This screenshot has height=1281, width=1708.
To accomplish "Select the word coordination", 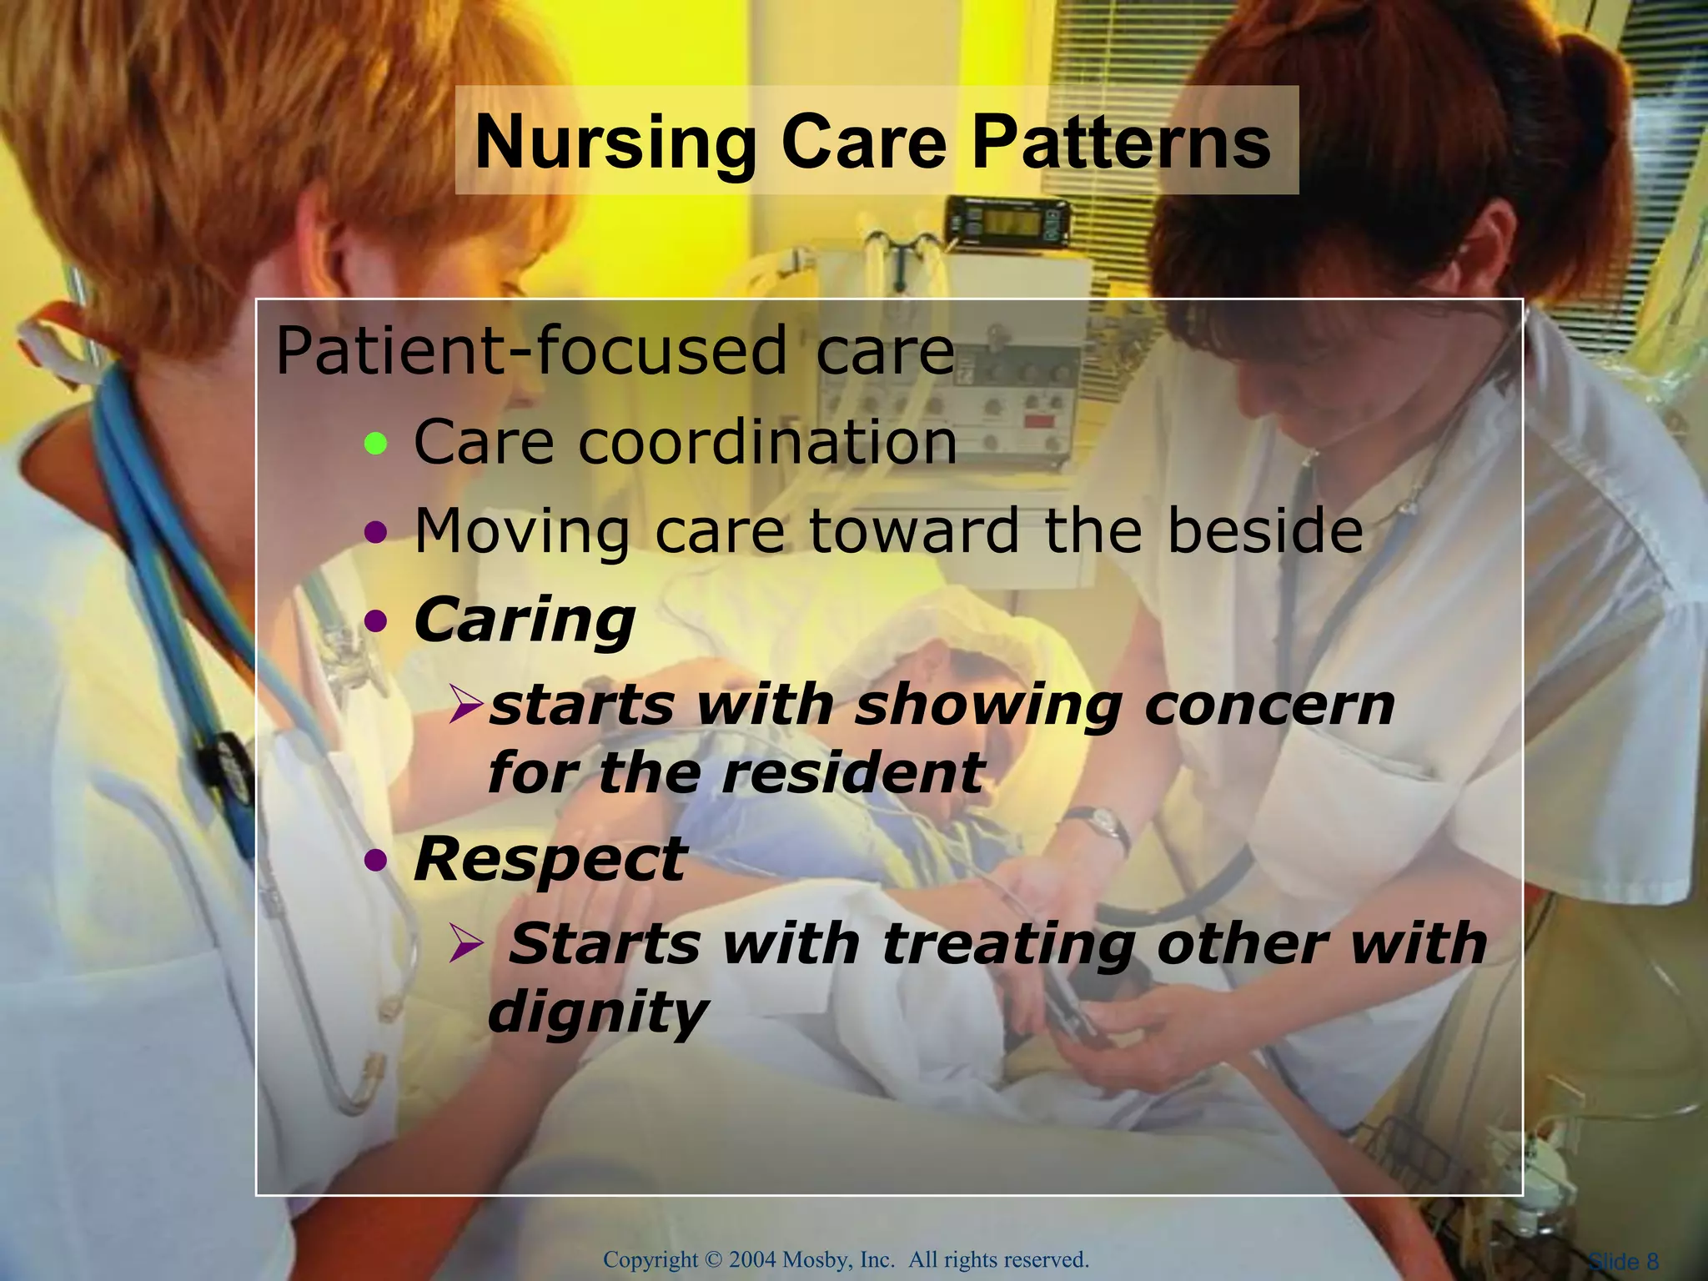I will (767, 442).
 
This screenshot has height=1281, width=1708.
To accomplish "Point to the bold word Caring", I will (525, 621).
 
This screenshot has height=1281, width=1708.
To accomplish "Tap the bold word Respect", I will (550, 860).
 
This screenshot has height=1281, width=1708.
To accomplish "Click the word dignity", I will (597, 1012).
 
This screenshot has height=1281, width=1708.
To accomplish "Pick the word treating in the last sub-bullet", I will (1008, 944).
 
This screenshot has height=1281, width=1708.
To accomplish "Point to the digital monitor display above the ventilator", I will (1010, 223).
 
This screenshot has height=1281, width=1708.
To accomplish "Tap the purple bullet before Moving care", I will (377, 532).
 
